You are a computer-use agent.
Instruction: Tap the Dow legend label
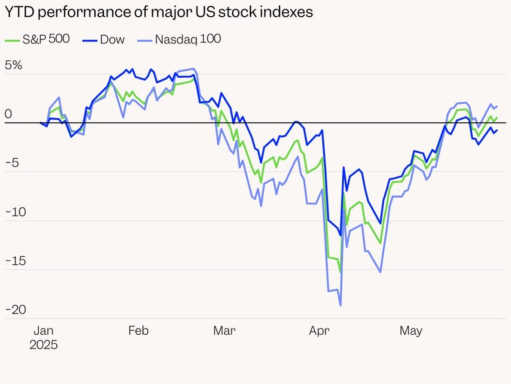click(x=112, y=40)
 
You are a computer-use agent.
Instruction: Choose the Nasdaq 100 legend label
click(x=188, y=40)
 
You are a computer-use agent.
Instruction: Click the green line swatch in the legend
click(x=12, y=40)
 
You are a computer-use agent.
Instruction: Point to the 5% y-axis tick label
click(x=14, y=65)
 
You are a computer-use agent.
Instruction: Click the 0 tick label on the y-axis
click(x=8, y=115)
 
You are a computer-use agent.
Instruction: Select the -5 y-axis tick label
click(x=14, y=163)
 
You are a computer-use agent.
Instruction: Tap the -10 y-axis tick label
click(x=16, y=212)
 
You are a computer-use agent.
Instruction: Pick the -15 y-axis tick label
click(x=16, y=261)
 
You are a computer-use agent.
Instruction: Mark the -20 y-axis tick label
click(x=16, y=310)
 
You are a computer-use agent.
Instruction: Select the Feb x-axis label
click(x=138, y=331)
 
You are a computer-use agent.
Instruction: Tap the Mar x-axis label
click(x=224, y=331)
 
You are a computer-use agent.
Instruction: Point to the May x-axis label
click(x=410, y=331)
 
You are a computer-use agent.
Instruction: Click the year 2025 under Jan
click(x=43, y=345)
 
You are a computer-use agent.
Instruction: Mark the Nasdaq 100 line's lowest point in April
click(x=340, y=305)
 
